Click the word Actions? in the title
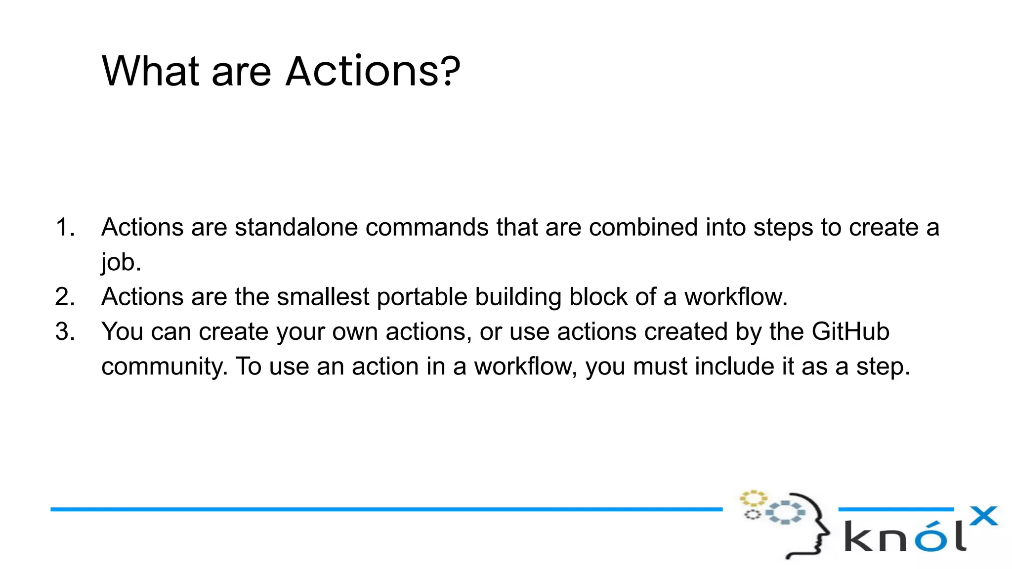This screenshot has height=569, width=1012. point(373,71)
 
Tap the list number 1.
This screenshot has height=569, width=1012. point(65,228)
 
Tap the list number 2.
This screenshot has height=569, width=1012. point(65,297)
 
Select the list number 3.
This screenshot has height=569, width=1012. point(65,332)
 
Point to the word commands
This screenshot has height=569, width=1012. point(427,228)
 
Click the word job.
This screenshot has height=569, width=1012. point(121,262)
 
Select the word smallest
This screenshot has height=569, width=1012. point(323,297)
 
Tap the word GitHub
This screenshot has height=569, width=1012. point(850,332)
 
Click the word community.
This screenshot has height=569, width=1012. point(165,367)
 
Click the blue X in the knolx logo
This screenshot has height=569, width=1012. point(983,517)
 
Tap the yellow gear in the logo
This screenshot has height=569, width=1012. point(753,498)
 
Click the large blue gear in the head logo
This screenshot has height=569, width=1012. point(785,512)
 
